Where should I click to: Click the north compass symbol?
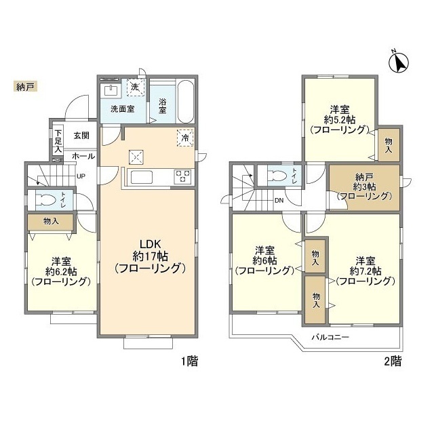pos(399,62)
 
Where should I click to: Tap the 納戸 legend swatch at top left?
pos(25,87)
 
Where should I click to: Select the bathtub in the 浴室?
pos(185,101)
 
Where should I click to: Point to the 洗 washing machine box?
pos(136,87)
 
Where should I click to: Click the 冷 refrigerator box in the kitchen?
pos(185,138)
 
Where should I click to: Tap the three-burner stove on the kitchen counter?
pos(182,176)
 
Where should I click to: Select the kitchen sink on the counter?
pos(142,177)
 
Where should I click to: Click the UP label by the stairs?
pos(81,176)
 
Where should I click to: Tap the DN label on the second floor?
pos(279,200)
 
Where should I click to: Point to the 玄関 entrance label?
pos(81,136)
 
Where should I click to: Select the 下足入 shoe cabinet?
pos(58,141)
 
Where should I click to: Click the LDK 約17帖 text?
pos(151,250)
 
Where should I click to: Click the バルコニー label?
pos(330,337)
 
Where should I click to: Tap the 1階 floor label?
pos(190,361)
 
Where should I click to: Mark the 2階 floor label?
pos(393,361)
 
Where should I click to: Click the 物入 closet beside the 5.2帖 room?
pos(389,145)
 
